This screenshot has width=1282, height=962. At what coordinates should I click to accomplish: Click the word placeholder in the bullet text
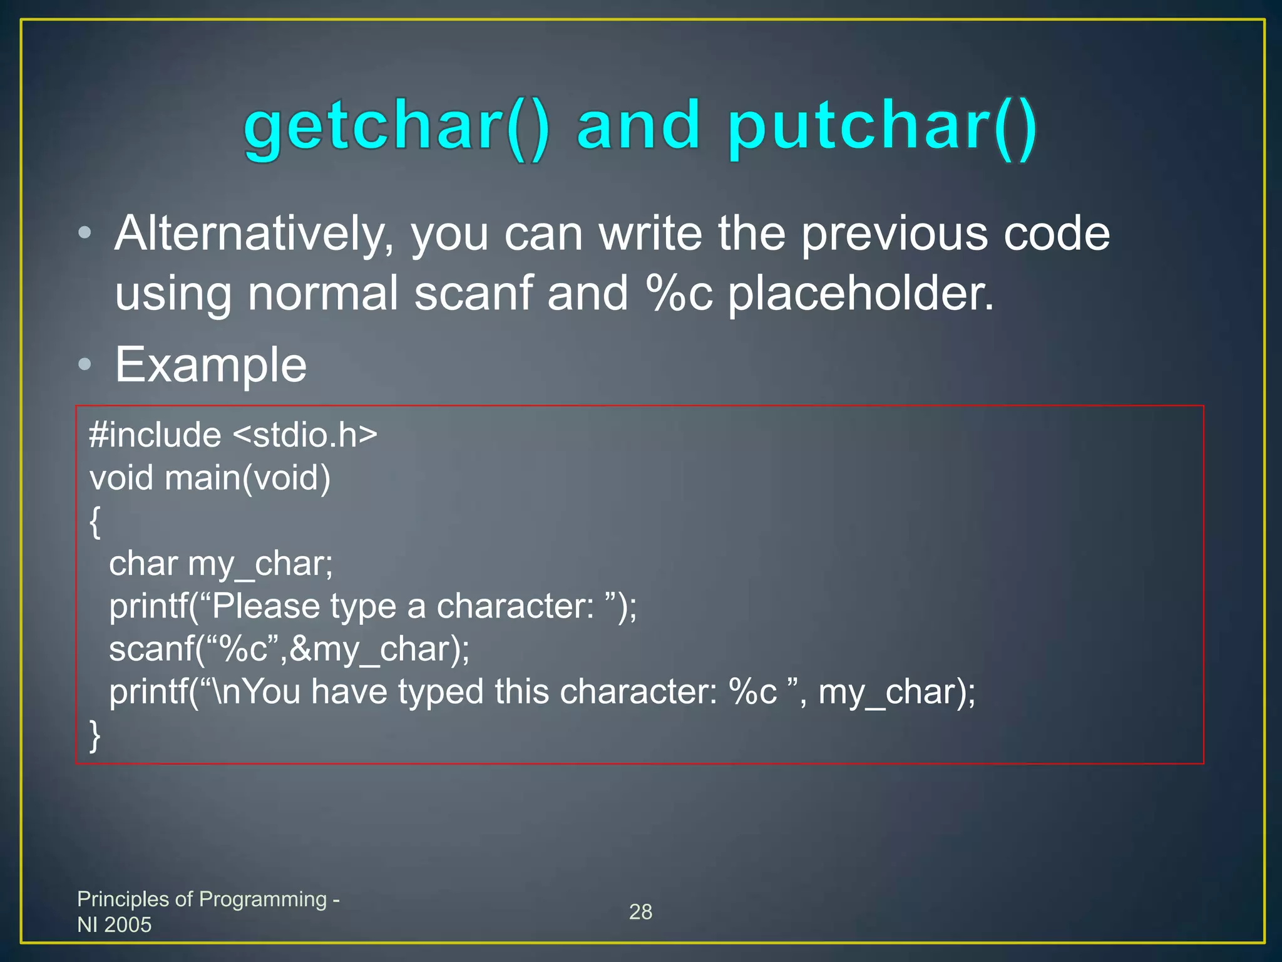(x=861, y=293)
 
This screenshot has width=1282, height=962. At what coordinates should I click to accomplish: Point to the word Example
(x=211, y=365)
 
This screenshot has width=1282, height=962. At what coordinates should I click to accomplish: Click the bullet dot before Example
(x=85, y=365)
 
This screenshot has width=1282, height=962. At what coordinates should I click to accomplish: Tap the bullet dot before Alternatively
(x=85, y=234)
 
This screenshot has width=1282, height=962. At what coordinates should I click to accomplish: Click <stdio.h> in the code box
(x=305, y=435)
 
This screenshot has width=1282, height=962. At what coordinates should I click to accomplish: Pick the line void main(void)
(x=210, y=478)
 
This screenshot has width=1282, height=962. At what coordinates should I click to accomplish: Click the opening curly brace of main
(x=95, y=522)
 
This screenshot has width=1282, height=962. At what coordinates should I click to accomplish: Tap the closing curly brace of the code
(x=95, y=735)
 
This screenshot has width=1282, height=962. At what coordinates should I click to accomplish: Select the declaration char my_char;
(x=221, y=564)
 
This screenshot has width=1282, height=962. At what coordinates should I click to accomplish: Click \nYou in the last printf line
(x=257, y=692)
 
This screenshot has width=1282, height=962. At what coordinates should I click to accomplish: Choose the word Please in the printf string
(x=266, y=606)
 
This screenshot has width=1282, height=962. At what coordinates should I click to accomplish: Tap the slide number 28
(x=640, y=912)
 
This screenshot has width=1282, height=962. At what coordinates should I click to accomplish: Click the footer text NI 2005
(x=115, y=924)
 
